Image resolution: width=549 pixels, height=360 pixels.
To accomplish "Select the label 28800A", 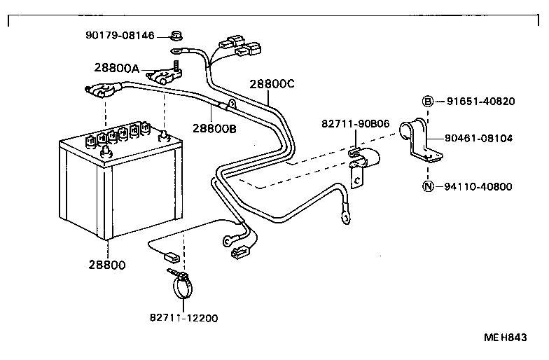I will click(x=117, y=68).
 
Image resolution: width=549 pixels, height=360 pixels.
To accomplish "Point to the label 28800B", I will click(x=215, y=128).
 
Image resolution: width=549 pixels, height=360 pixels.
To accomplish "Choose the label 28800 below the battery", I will click(x=107, y=265).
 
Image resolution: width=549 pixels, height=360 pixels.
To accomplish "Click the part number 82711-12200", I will click(x=183, y=318).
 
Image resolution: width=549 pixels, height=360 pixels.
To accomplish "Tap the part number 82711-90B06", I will click(x=356, y=123).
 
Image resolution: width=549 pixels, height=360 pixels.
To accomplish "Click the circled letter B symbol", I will click(x=427, y=101).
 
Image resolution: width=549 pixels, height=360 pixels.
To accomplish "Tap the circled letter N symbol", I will click(x=427, y=186).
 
